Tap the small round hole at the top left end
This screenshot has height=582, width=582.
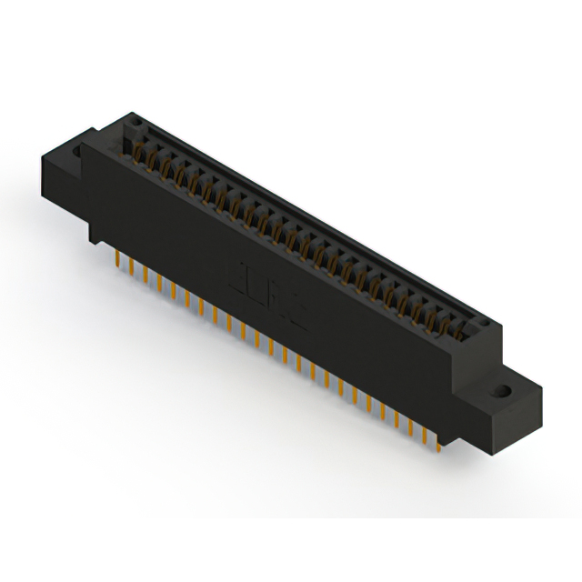[135, 119]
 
